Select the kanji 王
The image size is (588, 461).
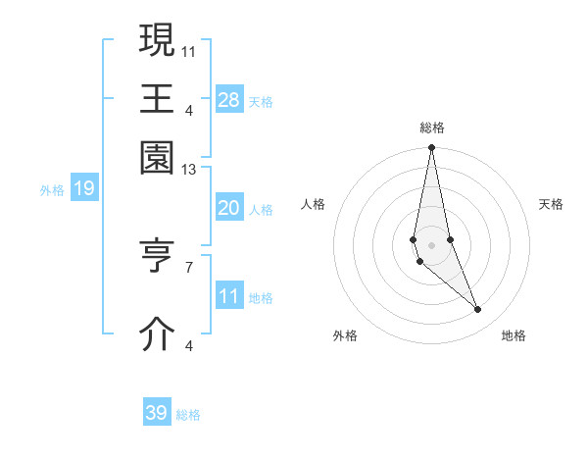click(x=157, y=98)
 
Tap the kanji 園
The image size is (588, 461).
click(x=157, y=157)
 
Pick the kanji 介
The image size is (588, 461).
click(x=157, y=333)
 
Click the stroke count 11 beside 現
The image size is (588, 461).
click(x=189, y=50)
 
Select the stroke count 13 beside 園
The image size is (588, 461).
click(x=189, y=170)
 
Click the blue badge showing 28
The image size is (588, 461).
click(x=229, y=99)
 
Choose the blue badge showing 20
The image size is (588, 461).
click(x=229, y=208)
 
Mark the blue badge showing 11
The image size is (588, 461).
click(x=229, y=296)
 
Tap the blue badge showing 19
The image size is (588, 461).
click(x=83, y=188)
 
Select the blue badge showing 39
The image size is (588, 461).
click(x=157, y=413)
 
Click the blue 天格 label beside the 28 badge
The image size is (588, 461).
click(x=261, y=101)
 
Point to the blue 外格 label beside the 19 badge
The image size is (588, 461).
click(x=51, y=189)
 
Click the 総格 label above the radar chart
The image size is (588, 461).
click(x=431, y=128)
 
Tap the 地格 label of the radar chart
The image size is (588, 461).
click(x=514, y=336)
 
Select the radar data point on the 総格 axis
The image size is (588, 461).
click(x=431, y=148)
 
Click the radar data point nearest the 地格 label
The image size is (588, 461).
click(x=478, y=310)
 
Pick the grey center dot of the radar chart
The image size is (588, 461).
click(x=431, y=244)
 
